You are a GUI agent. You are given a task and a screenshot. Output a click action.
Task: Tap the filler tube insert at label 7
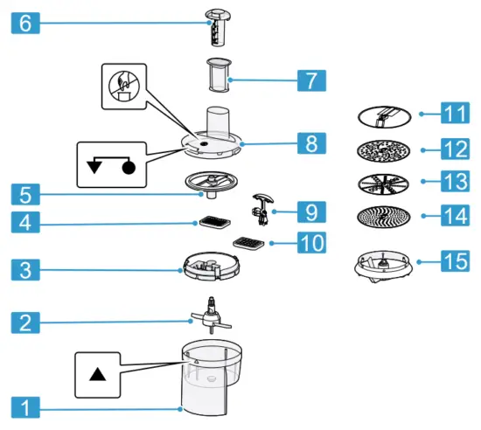217,77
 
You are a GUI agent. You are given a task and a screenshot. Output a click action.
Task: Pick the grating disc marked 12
381,149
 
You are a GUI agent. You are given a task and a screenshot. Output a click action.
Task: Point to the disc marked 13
381,183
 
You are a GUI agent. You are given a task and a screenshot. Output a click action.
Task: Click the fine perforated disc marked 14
381,215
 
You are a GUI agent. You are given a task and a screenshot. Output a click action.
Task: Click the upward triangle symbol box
98,373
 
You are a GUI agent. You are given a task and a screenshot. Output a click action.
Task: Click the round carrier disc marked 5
212,182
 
